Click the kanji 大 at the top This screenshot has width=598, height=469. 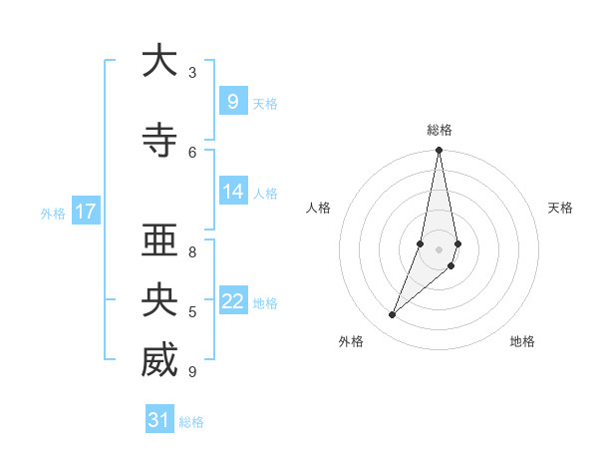[159, 61]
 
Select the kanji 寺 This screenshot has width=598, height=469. [159, 140]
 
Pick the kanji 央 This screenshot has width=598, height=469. [159, 300]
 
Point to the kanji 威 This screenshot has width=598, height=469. [159, 360]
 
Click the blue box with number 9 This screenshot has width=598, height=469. [232, 101]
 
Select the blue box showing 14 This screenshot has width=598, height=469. [232, 192]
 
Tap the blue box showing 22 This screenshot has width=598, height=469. [232, 301]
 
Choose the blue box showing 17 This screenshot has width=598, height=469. [85, 211]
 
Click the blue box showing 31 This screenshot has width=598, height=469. [159, 420]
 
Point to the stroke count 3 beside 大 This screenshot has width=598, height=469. [192, 72]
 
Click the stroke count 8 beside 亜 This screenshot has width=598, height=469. [192, 251]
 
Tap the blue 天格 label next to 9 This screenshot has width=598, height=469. [265, 103]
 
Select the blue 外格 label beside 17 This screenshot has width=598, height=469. [53, 213]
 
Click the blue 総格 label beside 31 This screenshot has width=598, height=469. [191, 422]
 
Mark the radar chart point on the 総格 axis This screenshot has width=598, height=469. [439, 151]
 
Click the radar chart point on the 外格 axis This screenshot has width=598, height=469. [392, 315]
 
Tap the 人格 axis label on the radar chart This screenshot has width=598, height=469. [319, 208]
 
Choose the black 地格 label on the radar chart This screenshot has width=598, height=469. [522, 341]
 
